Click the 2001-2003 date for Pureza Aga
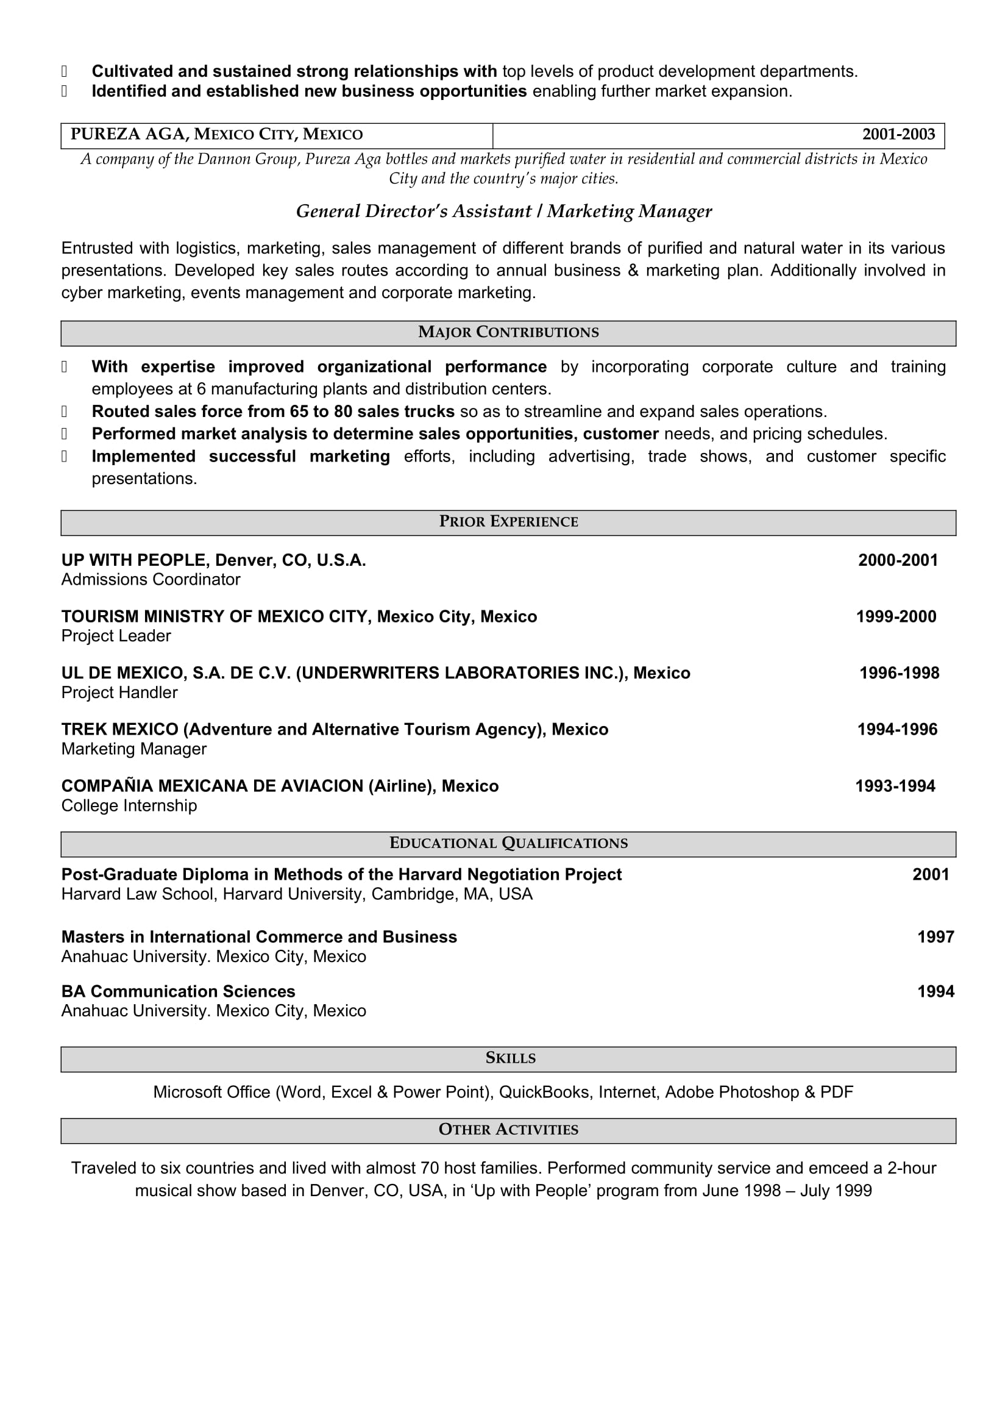[x=898, y=135]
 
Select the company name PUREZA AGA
[x=129, y=135]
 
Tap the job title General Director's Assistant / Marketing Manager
[x=503, y=212]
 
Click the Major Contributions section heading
[x=508, y=333]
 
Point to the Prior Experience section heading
[x=508, y=522]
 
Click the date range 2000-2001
[x=898, y=561]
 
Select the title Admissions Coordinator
[x=150, y=580]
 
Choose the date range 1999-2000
[x=896, y=617]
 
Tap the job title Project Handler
[x=119, y=693]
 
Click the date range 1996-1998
[x=899, y=673]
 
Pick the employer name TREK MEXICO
[x=120, y=730]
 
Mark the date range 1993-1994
[x=895, y=787]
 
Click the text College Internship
[x=129, y=806]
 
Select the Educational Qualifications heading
[x=508, y=843]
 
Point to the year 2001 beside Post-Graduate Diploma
[x=931, y=875]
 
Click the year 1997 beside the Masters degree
[x=935, y=937]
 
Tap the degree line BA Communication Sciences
[x=178, y=992]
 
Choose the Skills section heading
[x=510, y=1058]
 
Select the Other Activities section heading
[x=508, y=1130]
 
